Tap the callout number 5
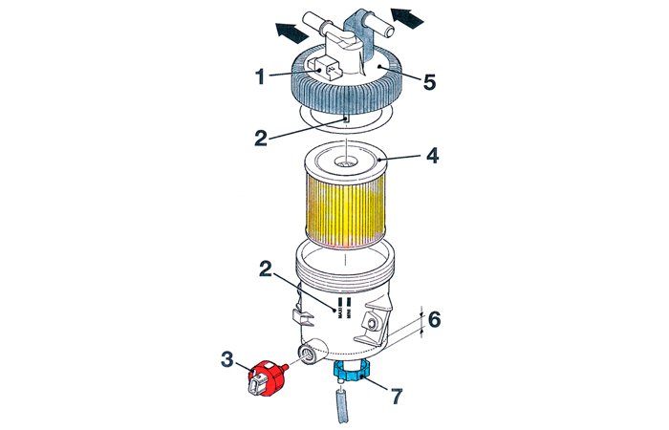pos(430,82)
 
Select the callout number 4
pos(431,155)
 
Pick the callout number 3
pos(227,359)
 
